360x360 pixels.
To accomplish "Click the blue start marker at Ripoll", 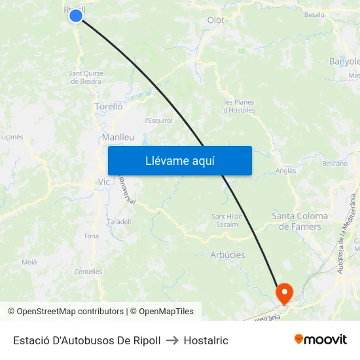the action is click(x=76, y=15).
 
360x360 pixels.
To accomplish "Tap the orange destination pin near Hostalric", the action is click(x=285, y=292).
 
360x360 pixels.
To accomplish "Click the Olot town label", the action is click(x=215, y=20).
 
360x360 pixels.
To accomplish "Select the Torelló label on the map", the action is click(x=108, y=106).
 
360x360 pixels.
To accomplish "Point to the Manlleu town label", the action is click(x=118, y=137).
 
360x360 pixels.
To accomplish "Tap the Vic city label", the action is click(x=103, y=181).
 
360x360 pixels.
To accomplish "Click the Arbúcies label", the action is click(x=227, y=255).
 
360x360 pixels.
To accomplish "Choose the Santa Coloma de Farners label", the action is click(x=300, y=221).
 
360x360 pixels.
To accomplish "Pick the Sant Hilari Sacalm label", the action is click(x=227, y=221).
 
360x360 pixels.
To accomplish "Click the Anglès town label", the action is click(x=286, y=171).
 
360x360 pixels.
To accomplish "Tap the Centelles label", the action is click(x=88, y=272).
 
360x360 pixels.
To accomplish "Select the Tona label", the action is click(x=91, y=236).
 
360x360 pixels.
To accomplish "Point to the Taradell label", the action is click(x=118, y=222).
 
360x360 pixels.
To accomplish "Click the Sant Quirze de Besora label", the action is click(x=85, y=77).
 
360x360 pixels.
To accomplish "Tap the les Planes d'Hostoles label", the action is click(x=239, y=106).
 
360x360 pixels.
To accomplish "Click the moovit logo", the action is click(x=320, y=340).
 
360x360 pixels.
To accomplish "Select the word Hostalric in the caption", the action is click(x=206, y=340).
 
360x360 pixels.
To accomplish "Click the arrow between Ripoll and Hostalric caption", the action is click(x=172, y=340).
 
